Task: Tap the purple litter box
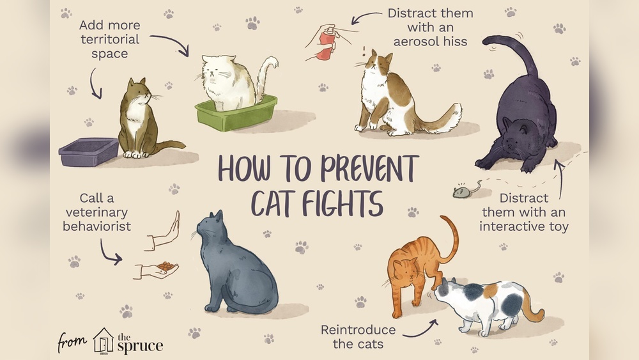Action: [88, 152]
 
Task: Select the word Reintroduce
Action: [358, 330]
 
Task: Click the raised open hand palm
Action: [167, 232]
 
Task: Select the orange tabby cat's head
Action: [403, 272]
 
